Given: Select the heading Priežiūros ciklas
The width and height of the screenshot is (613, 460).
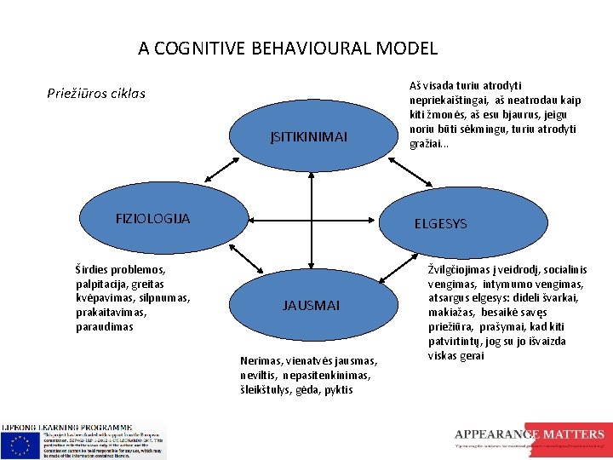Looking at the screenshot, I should tap(96, 93).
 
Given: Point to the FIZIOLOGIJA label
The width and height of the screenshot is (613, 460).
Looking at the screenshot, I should tap(152, 219).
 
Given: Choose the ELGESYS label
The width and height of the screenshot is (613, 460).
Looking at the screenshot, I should tap(440, 224).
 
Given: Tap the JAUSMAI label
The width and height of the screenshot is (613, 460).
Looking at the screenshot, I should tap(312, 305).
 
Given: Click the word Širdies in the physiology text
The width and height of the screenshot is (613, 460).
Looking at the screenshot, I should tap(95, 269).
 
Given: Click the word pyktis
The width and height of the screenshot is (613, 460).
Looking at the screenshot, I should tap(338, 390).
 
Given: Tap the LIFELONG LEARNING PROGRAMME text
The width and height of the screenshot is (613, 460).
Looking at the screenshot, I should tap(67, 426).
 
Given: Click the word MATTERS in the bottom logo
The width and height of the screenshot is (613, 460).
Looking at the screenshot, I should tap(576, 434).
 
